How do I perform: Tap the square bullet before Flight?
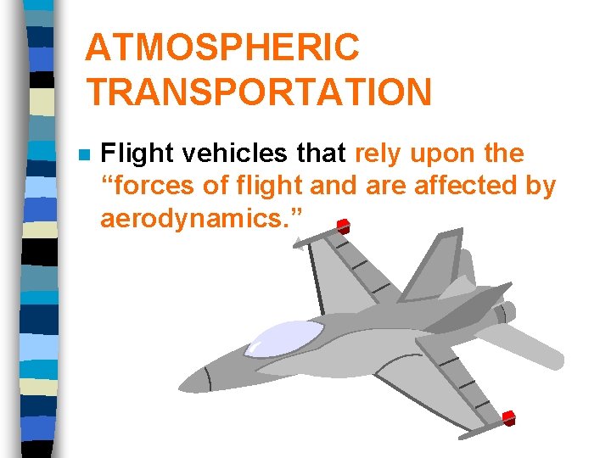click(x=81, y=155)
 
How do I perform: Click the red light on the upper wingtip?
click(x=343, y=226)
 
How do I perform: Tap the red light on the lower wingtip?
click(x=508, y=417)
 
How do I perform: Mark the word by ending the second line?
click(x=540, y=187)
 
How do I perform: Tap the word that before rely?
click(x=322, y=154)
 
